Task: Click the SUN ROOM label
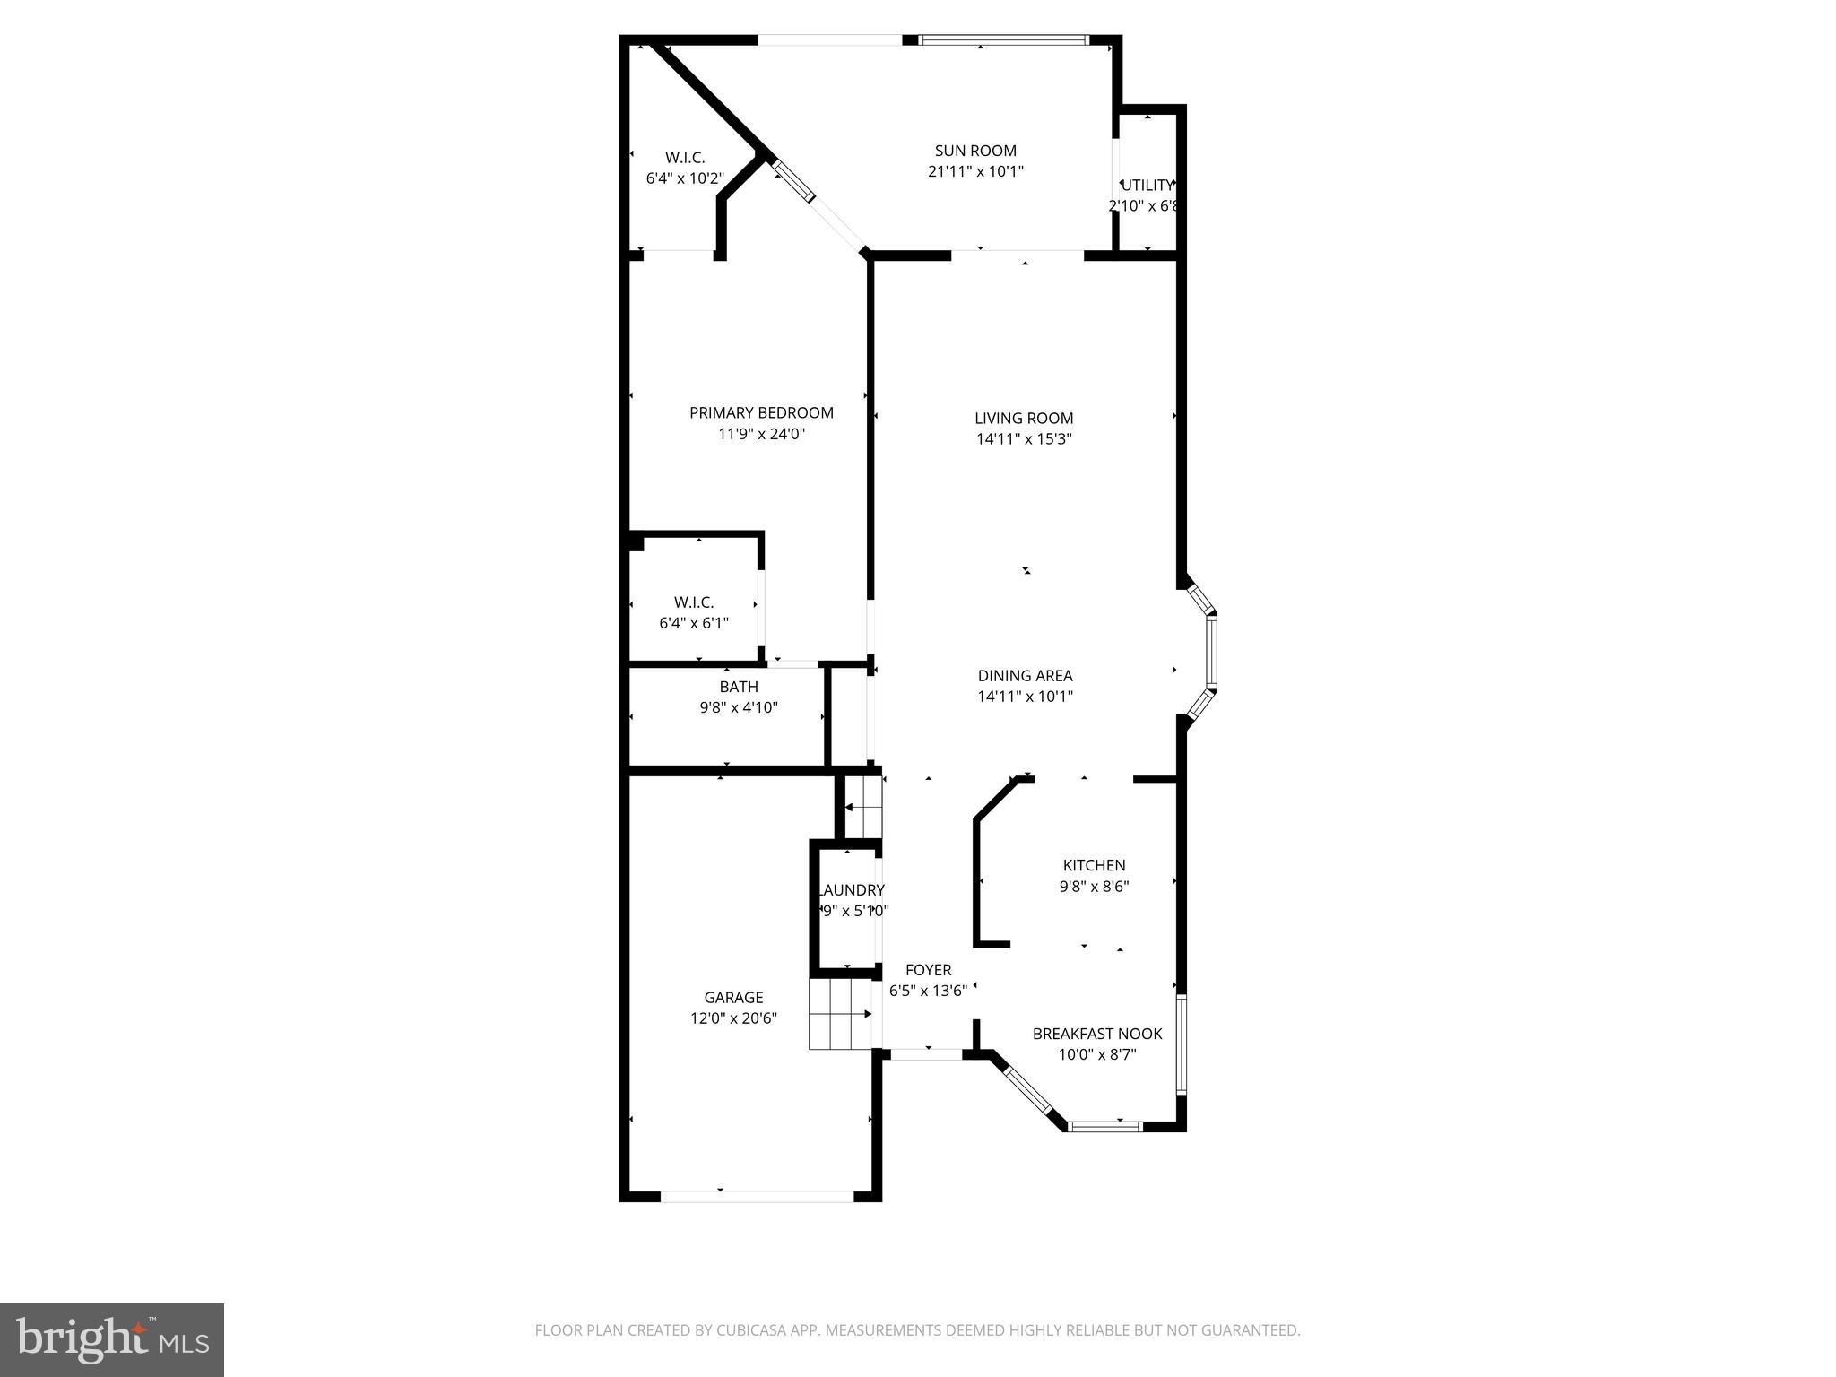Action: coord(975,151)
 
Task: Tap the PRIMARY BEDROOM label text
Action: coord(761,412)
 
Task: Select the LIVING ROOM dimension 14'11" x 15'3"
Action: coord(1024,439)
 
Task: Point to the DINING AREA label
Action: coord(1025,676)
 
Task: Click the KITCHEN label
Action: coord(1094,865)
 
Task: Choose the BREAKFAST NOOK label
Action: coord(1097,1034)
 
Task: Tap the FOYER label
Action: coord(928,970)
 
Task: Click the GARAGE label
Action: coord(733,997)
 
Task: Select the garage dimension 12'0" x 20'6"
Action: coord(733,1018)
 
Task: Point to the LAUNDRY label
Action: coord(852,890)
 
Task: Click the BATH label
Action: coord(739,687)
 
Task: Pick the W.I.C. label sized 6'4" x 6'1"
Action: coord(694,603)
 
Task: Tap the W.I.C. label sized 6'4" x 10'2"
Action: coord(685,158)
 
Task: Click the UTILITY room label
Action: coord(1147,186)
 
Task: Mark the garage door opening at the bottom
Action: coord(758,1195)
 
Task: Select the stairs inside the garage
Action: coord(840,1014)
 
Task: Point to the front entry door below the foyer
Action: coord(927,1054)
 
